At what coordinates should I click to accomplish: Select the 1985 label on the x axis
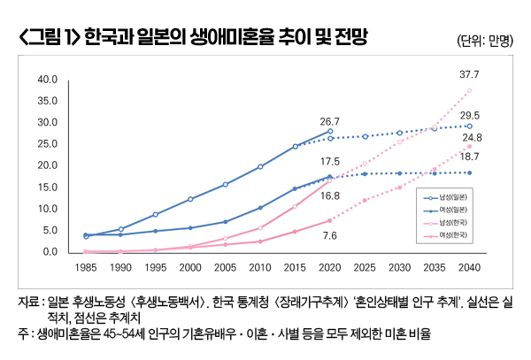pyautogui.click(x=85, y=265)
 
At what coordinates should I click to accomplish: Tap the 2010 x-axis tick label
pyautogui.click(x=260, y=265)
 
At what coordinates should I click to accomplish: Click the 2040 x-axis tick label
pyautogui.click(x=470, y=265)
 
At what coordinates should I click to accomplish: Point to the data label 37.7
pyautogui.click(x=469, y=74)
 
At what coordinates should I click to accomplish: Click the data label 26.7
pyautogui.click(x=330, y=121)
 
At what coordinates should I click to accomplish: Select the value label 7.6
pyautogui.click(x=330, y=235)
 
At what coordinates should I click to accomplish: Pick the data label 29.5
pyautogui.click(x=470, y=116)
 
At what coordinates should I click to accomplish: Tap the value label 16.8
pyautogui.click(x=330, y=196)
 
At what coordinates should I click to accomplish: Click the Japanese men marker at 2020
pyautogui.click(x=330, y=131)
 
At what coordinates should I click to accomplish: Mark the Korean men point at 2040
pyautogui.click(x=470, y=90)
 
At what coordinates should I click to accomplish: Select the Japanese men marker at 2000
pyautogui.click(x=190, y=199)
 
